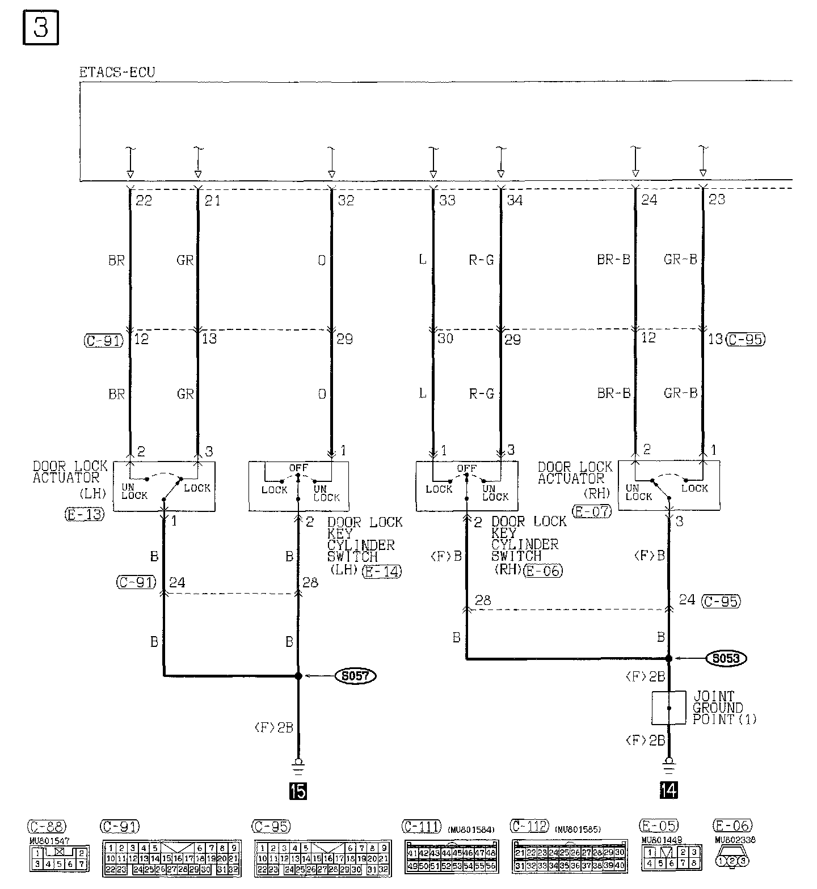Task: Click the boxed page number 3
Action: (x=41, y=28)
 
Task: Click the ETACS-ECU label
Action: (x=117, y=73)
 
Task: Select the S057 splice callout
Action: (x=356, y=676)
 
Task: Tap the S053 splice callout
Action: (x=726, y=658)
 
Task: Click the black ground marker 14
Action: (x=669, y=790)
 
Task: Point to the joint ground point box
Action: (x=669, y=708)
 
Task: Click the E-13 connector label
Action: (x=85, y=515)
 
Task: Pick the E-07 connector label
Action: (x=591, y=511)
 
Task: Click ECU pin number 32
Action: (x=346, y=200)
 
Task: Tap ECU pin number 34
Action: (x=514, y=200)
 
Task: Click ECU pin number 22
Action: (x=144, y=200)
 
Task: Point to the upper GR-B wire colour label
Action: (x=680, y=260)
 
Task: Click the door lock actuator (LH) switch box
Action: (x=164, y=486)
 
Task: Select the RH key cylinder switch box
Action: (x=466, y=486)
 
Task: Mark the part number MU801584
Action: (x=471, y=830)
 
